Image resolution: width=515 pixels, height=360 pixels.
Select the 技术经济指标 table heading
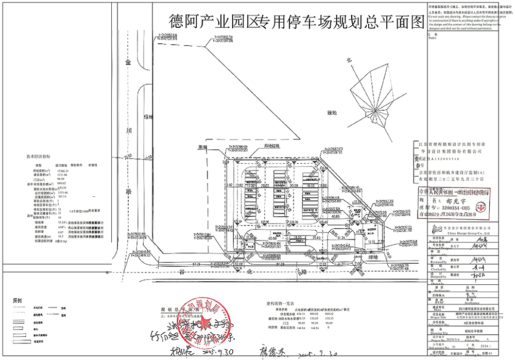[39, 156]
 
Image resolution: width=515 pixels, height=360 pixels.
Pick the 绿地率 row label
[40, 222]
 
